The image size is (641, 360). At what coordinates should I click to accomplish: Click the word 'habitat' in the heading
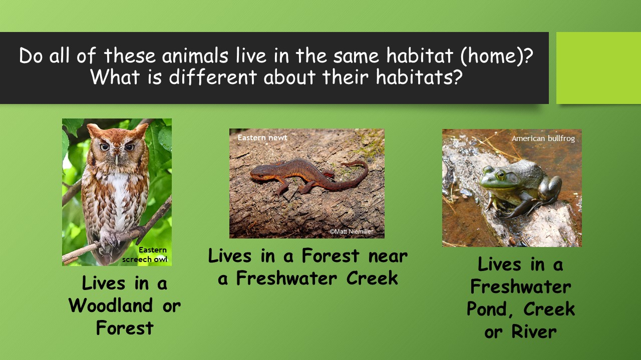click(x=420, y=55)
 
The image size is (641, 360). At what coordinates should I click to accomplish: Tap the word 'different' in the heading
click(x=212, y=77)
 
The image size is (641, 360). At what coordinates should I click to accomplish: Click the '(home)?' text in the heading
click(x=497, y=56)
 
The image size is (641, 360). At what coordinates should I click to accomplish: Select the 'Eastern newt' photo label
click(x=262, y=137)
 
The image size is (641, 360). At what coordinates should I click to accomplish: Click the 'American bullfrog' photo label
click(x=543, y=138)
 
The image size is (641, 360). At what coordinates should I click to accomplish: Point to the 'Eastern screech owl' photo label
click(x=145, y=254)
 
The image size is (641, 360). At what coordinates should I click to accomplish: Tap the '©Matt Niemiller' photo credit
click(x=352, y=231)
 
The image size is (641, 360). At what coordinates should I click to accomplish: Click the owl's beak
click(x=117, y=159)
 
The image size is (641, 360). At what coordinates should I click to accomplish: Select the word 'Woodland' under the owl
click(x=111, y=305)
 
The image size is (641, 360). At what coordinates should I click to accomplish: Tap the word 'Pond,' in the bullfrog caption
click(x=490, y=309)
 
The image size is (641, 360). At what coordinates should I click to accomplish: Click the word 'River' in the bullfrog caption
click(x=534, y=331)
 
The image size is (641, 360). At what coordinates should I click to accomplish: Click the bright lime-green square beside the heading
click(x=598, y=68)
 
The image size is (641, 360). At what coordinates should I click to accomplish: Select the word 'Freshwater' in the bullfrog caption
click(x=520, y=287)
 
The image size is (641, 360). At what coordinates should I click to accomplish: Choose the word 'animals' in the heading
click(x=195, y=55)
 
